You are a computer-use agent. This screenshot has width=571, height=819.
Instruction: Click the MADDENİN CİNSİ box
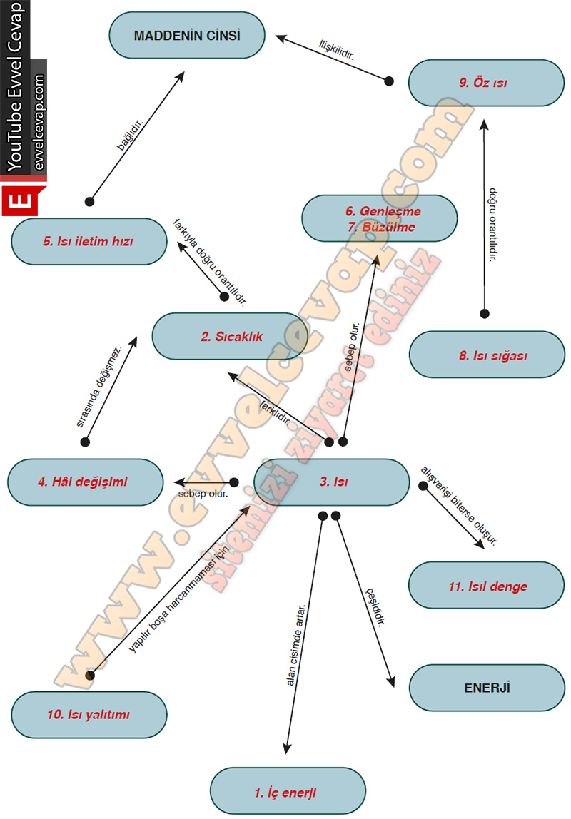pos(187,36)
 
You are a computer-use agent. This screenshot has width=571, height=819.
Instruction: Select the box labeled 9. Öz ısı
pos(483,83)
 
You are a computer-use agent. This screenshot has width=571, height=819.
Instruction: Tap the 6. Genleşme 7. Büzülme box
pos(379,219)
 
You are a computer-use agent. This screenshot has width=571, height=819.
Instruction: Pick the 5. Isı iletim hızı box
pos(89,241)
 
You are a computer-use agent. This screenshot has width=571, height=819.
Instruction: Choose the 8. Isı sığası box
pos(487,354)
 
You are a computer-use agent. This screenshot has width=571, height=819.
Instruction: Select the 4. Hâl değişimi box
pos(86,482)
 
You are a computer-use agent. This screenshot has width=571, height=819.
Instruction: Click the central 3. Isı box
pos(333,482)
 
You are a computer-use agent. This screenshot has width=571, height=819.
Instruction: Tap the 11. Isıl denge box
pos(487,586)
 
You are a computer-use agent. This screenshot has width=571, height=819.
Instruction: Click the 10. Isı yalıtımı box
pos(90,714)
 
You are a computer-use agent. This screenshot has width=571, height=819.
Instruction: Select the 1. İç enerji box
pos(287,790)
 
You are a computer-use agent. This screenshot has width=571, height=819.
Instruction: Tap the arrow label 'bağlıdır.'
pos(131,135)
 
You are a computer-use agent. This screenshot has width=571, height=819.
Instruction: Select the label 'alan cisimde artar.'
pos(295,645)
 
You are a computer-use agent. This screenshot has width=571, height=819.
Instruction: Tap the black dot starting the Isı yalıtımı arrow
pos(90,675)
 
